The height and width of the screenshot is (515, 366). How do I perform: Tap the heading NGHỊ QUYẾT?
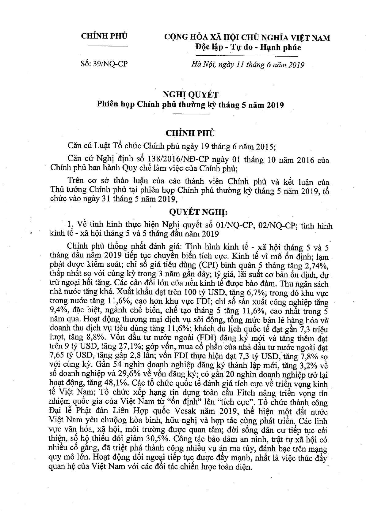point(191,95)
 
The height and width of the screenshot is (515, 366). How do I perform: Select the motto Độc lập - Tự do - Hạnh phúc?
point(248,47)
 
